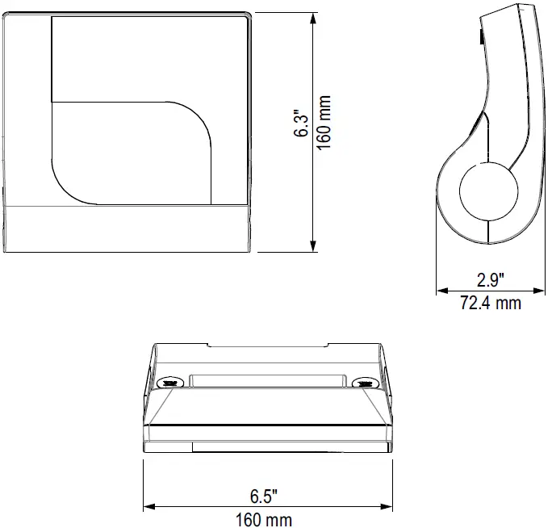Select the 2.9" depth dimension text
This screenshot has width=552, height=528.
490,281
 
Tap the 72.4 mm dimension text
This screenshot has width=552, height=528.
490,304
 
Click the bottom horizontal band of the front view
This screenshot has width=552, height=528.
128,228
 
